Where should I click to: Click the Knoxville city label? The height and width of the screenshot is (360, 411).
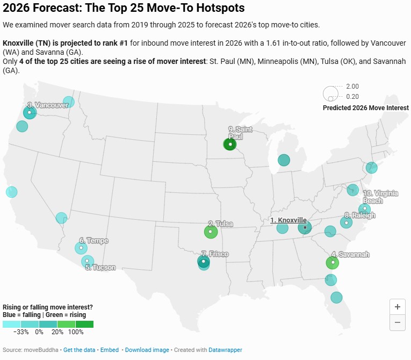(289, 220)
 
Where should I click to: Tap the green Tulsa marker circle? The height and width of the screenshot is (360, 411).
(211, 232)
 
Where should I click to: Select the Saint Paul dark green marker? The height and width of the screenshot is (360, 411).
(230, 144)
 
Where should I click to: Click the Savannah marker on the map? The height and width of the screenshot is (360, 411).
(333, 263)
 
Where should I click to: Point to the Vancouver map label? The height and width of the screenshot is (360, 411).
(48, 105)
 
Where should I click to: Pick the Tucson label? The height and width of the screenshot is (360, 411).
(100, 267)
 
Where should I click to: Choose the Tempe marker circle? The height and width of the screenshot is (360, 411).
(81, 248)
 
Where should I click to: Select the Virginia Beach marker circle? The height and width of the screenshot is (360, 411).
(364, 208)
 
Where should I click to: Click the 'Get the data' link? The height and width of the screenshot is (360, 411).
(80, 350)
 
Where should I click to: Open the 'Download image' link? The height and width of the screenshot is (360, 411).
(147, 350)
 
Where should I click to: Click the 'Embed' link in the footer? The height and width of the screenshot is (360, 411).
(110, 350)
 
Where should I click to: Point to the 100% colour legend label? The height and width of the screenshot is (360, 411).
(76, 332)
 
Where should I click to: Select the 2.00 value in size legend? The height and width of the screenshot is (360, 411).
(352, 87)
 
